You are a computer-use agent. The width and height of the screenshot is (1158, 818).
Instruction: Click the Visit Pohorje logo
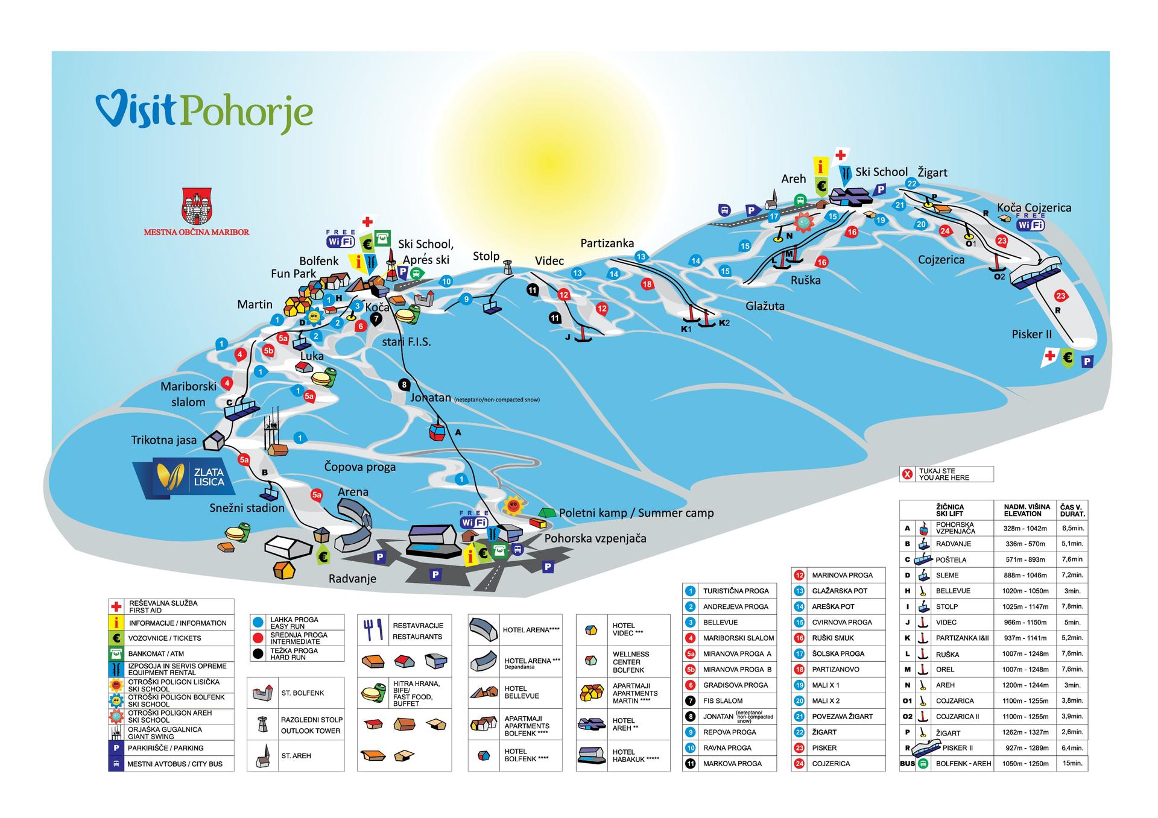(204, 110)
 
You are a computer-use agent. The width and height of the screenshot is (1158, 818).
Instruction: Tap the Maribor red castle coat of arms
(197, 206)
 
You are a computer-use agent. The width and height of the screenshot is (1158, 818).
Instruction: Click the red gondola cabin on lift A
(435, 432)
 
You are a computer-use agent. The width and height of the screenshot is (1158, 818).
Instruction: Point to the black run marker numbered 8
(404, 384)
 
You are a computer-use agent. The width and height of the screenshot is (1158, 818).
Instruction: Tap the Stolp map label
(486, 256)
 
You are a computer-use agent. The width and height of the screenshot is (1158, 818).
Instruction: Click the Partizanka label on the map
(607, 243)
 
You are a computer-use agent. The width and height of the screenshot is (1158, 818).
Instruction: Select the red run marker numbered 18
(647, 284)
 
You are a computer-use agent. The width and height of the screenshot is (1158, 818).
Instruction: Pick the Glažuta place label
(765, 306)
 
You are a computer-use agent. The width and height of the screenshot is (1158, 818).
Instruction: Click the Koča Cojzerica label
(1034, 208)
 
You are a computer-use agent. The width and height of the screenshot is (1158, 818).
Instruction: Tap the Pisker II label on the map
(1031, 335)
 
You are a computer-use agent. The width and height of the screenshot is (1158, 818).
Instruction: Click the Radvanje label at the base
(352, 579)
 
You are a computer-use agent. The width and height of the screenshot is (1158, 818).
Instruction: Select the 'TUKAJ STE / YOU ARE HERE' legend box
(946, 474)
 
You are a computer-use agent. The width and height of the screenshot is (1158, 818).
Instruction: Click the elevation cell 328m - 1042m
(1025, 528)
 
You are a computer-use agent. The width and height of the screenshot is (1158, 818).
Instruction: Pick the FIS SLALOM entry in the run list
(723, 700)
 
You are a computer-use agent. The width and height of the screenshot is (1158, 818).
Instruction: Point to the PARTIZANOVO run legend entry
(835, 669)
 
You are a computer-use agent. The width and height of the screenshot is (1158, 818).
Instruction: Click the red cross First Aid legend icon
(116, 606)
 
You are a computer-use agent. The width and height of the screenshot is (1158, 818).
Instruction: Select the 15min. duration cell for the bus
(1072, 763)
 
